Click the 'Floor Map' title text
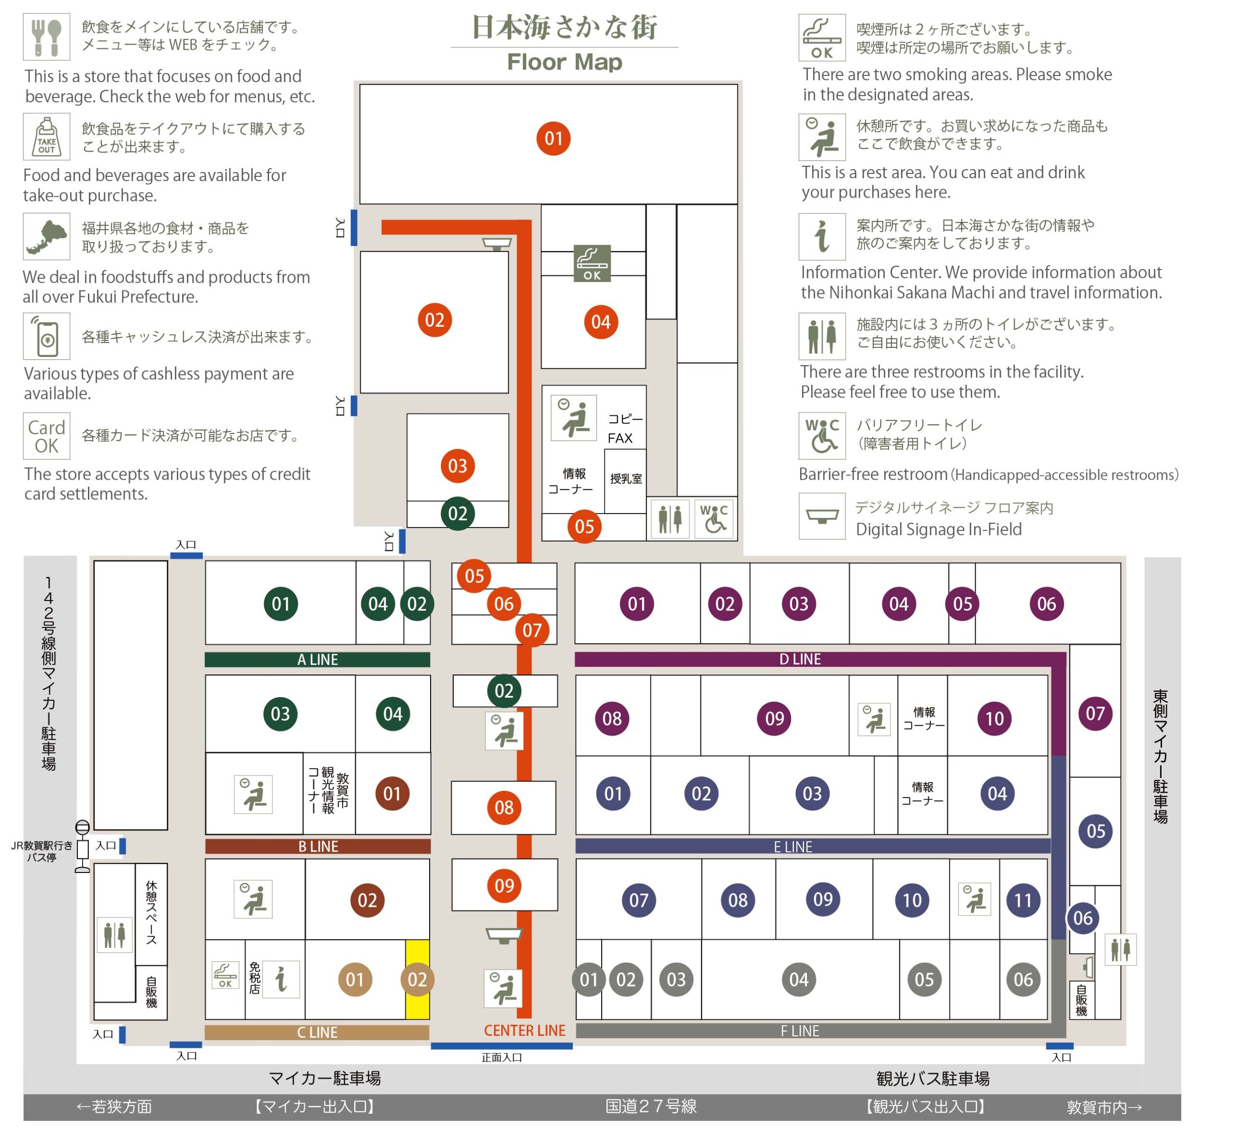point(564,62)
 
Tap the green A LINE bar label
point(317,659)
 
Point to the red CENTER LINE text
point(525,1030)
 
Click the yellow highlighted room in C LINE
point(417,980)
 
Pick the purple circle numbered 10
point(994,718)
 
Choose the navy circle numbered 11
point(1023,900)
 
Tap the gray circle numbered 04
point(799,980)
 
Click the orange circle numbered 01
point(553,139)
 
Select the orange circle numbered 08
point(504,807)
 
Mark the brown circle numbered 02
point(367,900)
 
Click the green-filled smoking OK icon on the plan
point(592,263)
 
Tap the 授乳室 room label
point(626,478)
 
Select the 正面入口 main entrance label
point(502,1057)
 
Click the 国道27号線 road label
point(651,1106)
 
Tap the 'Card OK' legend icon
point(47,436)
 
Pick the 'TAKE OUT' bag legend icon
point(47,136)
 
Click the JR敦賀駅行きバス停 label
point(42,852)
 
